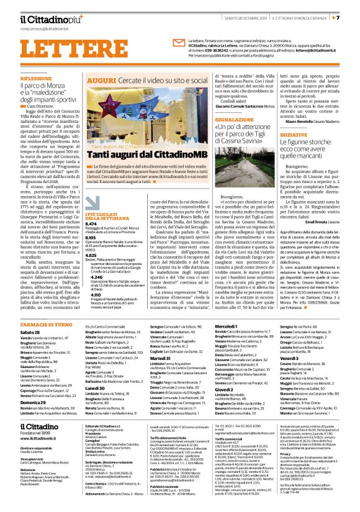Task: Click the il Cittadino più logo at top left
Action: point(43,20)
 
